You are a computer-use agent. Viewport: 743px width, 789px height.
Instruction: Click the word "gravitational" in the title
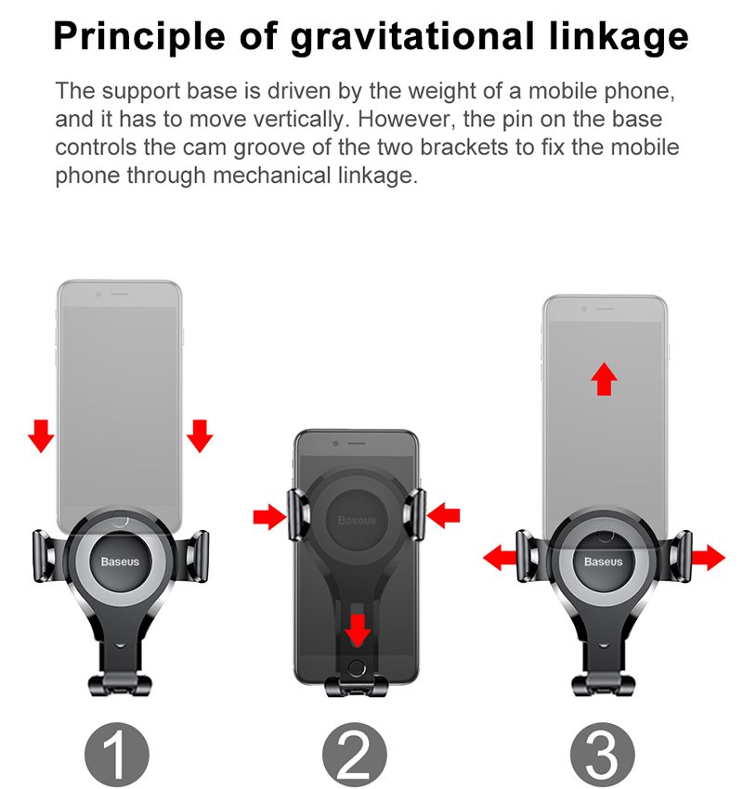tap(411, 38)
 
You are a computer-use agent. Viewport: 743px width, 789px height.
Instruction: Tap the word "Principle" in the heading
tap(139, 37)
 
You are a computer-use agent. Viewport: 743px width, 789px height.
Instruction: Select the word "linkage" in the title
tap(619, 38)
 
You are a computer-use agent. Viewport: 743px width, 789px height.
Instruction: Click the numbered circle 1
tap(117, 755)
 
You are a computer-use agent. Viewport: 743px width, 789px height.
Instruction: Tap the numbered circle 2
tap(355, 755)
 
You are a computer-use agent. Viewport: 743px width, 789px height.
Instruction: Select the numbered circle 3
tap(602, 755)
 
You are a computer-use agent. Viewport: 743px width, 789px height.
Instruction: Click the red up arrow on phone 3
tap(604, 379)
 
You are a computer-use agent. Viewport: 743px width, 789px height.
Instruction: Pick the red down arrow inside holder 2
tap(358, 629)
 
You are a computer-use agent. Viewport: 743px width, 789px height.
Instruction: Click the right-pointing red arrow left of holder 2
tap(270, 516)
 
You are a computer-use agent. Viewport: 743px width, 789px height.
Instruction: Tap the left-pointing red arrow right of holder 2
tap(443, 515)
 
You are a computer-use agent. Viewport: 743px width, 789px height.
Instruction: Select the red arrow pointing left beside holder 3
tap(500, 557)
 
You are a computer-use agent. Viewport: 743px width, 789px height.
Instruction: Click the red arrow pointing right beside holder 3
tap(709, 557)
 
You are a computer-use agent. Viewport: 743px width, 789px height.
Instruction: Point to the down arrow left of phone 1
tap(41, 435)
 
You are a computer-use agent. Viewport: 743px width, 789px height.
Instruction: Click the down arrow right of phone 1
tap(200, 435)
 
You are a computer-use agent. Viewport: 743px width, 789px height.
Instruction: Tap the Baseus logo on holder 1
tap(120, 562)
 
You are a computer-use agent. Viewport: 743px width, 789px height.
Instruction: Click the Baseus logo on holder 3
tap(603, 562)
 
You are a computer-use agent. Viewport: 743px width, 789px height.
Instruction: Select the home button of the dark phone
tap(357, 668)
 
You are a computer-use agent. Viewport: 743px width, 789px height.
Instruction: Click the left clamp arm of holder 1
tap(46, 557)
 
